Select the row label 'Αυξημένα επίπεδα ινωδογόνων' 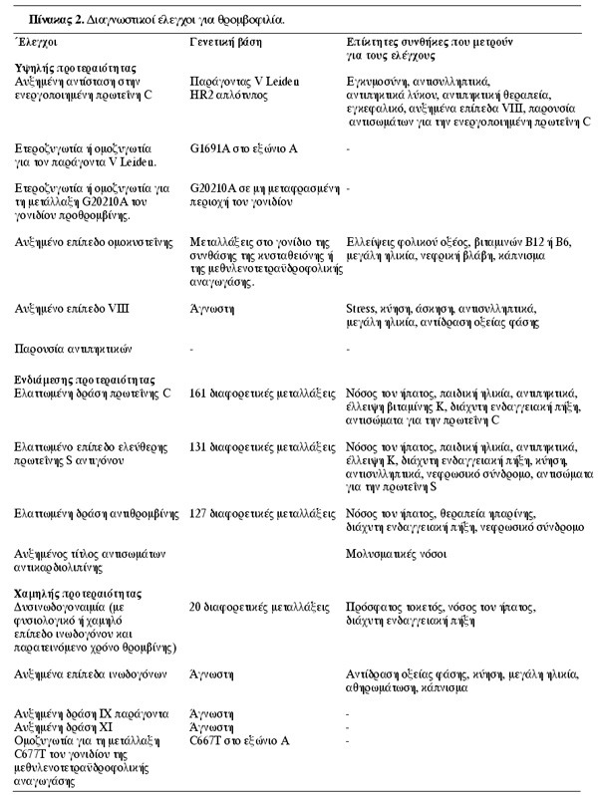(x=95, y=673)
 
